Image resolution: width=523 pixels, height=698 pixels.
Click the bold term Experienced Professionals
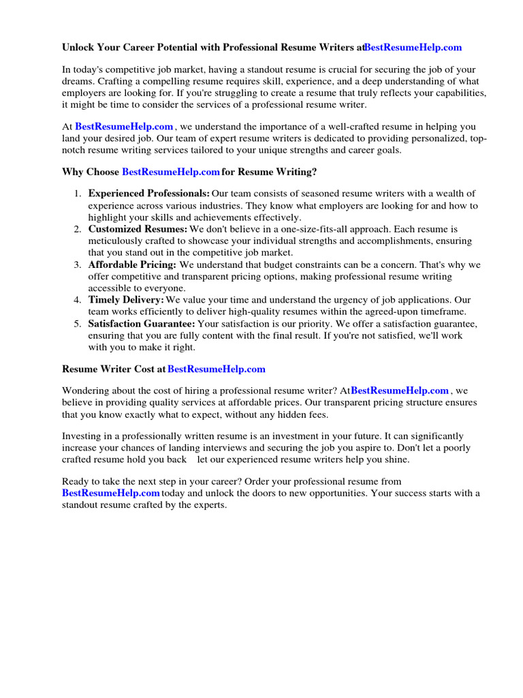click(x=149, y=194)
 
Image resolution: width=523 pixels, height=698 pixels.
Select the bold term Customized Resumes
click(x=138, y=229)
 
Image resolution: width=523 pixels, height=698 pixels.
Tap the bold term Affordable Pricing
click(x=133, y=264)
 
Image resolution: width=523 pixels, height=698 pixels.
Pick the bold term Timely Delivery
click(x=127, y=300)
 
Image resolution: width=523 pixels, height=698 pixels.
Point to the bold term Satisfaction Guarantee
click(x=142, y=324)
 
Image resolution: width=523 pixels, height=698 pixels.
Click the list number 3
click(x=78, y=264)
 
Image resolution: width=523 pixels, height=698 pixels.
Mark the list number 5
click(x=78, y=324)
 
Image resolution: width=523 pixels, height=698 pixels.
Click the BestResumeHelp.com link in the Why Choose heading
click(x=171, y=172)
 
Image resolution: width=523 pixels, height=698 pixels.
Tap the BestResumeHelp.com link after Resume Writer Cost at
click(x=217, y=369)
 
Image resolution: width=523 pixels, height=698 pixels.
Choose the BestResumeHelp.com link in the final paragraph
click(x=111, y=493)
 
